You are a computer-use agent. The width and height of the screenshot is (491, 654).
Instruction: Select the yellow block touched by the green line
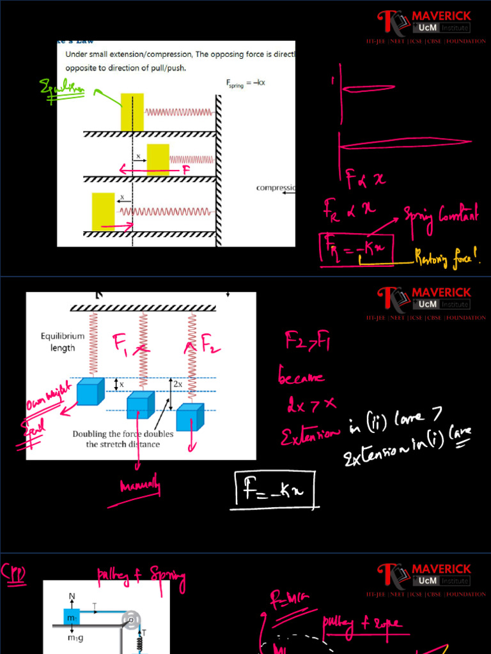tap(132, 112)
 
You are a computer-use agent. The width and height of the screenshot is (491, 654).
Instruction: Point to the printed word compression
tap(276, 188)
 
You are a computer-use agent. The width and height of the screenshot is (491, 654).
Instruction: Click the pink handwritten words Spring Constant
tap(440, 217)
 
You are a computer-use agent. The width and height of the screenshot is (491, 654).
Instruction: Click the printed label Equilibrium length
tap(63, 342)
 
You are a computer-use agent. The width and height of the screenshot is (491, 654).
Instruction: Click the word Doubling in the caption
tap(93, 434)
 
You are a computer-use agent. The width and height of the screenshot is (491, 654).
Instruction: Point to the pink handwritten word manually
tap(140, 488)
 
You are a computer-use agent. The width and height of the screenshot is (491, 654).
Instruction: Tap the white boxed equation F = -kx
tap(276, 489)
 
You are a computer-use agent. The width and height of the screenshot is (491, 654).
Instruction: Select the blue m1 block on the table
tap(72, 617)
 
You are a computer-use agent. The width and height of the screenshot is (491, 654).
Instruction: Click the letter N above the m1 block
tap(72, 597)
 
